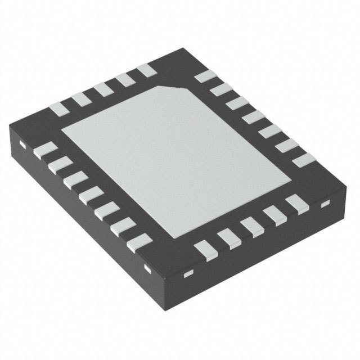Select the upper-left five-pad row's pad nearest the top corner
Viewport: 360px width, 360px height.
coord(146,70)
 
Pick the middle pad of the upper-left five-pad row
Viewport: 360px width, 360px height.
coord(102,89)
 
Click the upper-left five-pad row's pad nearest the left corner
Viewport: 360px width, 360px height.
coord(59,108)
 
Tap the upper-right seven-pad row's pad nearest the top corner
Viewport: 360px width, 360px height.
coord(202,79)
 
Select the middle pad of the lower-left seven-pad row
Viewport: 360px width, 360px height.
coord(88,197)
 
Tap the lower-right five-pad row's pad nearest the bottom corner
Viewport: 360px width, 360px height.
coord(202,247)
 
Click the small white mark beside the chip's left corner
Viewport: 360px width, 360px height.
coord(22,145)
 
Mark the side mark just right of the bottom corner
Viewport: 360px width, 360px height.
coord(188,274)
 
